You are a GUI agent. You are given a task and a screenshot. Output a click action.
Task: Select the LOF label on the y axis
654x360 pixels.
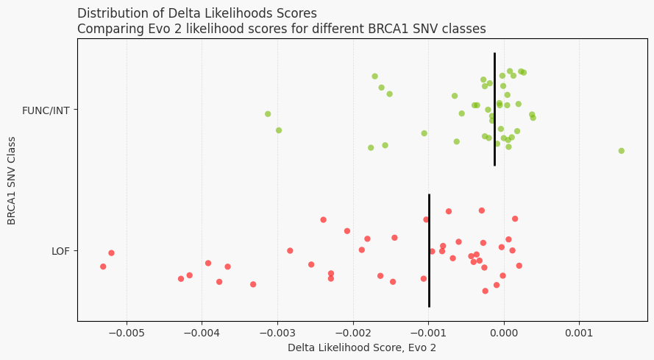point(60,251)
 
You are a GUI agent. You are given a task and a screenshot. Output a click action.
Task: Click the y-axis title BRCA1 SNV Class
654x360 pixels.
point(12,180)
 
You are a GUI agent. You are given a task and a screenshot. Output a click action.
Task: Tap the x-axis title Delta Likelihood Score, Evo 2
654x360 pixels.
point(362,347)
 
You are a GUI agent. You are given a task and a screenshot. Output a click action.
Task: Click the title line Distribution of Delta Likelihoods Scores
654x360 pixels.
point(197,13)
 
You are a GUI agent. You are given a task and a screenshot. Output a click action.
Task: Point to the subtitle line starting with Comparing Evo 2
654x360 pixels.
point(282,29)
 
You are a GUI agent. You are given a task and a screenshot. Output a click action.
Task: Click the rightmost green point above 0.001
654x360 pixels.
point(622,151)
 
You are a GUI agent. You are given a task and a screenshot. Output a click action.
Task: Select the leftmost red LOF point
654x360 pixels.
point(103,267)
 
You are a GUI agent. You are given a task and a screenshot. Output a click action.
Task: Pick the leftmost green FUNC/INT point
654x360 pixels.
point(268,114)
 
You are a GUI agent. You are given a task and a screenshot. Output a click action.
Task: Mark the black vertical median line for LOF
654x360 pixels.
point(429,250)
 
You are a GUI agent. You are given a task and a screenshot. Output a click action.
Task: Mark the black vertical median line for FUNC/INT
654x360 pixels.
point(494,109)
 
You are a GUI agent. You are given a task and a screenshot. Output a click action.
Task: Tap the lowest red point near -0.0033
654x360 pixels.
point(253,284)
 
